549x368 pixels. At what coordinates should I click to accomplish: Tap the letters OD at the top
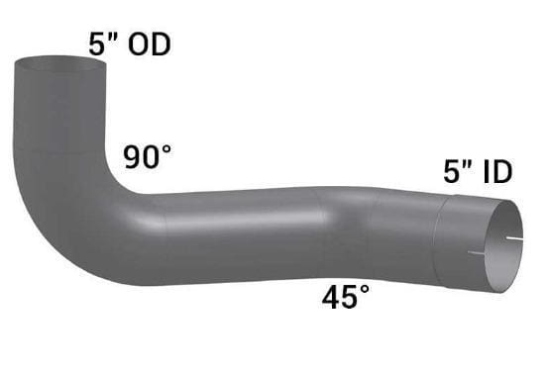pos(150,45)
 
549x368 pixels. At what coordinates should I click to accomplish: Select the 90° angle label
pos(148,157)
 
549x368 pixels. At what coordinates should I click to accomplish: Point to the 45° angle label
pos(346,297)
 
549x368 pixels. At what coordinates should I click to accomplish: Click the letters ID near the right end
pos(497,171)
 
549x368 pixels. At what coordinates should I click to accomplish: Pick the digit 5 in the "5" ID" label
pos(452,171)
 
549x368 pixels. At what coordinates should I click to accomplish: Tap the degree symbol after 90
pos(165,151)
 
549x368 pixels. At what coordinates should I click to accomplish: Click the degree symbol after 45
pos(364,290)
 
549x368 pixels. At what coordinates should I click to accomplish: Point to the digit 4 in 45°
pos(331,297)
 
